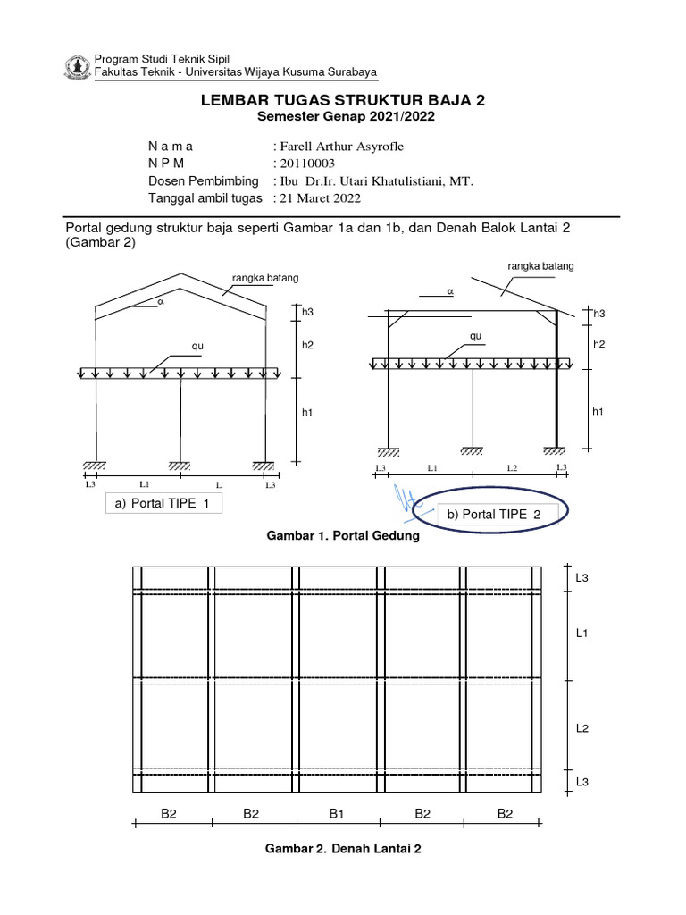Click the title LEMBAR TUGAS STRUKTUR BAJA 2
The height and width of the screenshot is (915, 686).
click(x=344, y=101)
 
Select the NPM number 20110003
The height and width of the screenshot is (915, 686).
click(x=303, y=164)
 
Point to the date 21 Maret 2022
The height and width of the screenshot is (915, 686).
click(x=320, y=197)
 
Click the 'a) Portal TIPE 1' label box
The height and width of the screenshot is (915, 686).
click(x=163, y=504)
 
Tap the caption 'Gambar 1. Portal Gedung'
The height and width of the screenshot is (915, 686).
click(x=344, y=537)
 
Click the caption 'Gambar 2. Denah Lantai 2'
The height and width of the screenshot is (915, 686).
click(x=344, y=848)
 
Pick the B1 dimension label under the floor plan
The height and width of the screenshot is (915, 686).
click(x=337, y=813)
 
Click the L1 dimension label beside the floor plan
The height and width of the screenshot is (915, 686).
click(x=581, y=633)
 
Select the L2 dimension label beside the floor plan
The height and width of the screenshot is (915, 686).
click(x=581, y=728)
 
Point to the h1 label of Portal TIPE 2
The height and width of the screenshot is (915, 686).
click(x=598, y=410)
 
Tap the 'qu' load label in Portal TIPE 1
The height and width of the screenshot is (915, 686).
click(x=198, y=346)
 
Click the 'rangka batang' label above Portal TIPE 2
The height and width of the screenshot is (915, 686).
click(x=540, y=265)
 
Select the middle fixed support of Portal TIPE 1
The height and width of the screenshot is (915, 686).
click(x=180, y=466)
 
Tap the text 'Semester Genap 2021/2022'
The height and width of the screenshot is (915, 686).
click(x=344, y=117)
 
